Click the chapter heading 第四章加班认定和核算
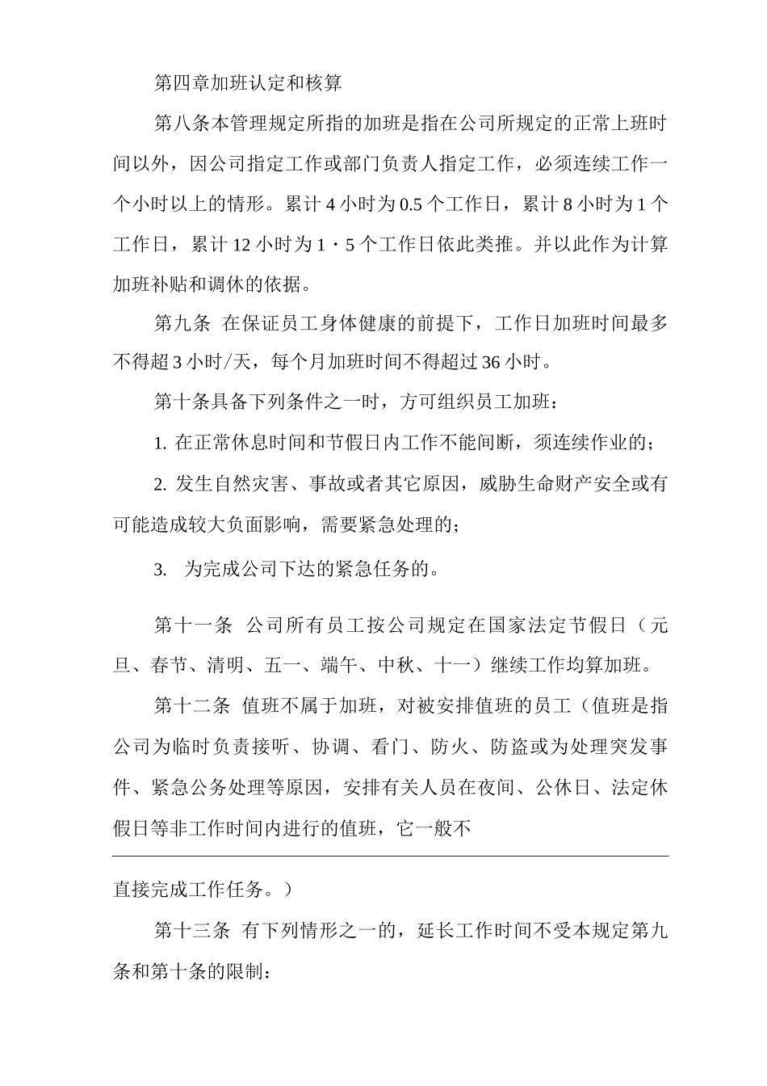248,82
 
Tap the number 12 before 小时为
241,244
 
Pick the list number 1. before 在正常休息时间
160,444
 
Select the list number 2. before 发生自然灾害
160,485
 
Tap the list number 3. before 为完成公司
160,570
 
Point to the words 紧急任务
379,570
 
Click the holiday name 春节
169,667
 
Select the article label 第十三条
193,931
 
